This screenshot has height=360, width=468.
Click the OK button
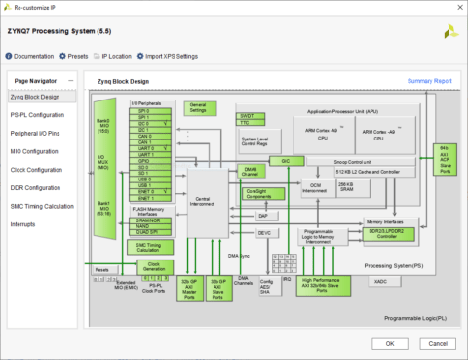tap(389, 342)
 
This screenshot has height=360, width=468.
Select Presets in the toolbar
tap(77, 56)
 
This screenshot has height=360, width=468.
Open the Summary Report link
tap(429, 80)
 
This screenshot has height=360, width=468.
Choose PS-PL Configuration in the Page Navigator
tap(38, 115)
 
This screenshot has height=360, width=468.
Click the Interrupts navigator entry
tap(23, 224)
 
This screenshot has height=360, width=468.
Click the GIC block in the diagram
tap(285, 160)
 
